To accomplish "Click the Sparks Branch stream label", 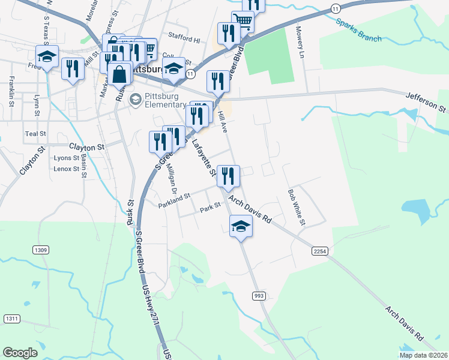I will [x=359, y=31].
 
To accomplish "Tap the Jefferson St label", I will [x=426, y=103].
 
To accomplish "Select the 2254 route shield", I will [x=320, y=252].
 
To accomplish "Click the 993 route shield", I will [x=259, y=295].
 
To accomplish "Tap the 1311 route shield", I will [x=11, y=318].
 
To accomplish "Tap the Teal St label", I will [x=35, y=134].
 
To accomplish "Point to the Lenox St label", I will [x=66, y=169].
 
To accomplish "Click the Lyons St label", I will [x=66, y=158].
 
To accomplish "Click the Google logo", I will [x=20, y=353].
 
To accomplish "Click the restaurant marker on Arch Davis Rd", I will [x=228, y=176].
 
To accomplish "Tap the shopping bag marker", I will [x=120, y=75].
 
